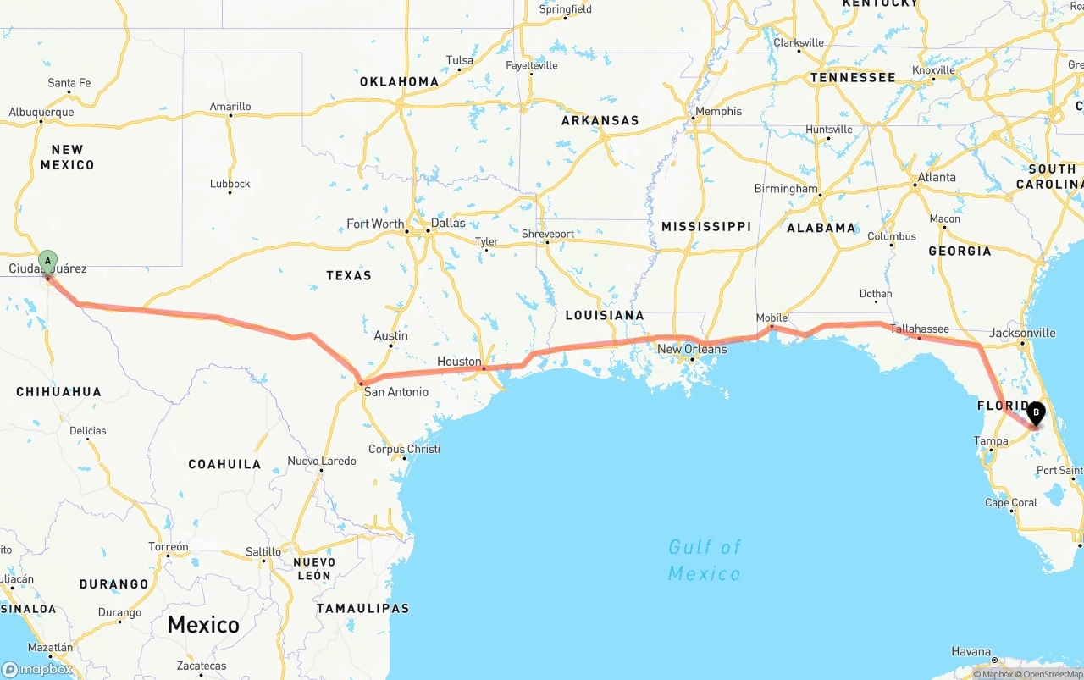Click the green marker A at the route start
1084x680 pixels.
[48, 260]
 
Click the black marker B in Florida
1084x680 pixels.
[1036, 412]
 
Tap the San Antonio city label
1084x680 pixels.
[395, 392]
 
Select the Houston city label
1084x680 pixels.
[459, 362]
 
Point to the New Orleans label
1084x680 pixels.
[692, 349]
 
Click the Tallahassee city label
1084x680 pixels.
[919, 329]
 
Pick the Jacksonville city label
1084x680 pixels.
[1022, 333]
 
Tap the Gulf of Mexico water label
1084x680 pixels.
[704, 560]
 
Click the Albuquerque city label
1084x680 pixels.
[41, 112]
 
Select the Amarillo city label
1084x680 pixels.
[230, 107]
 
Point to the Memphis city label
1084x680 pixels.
[718, 111]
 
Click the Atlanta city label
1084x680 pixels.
[937, 177]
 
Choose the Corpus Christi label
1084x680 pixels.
[404, 449]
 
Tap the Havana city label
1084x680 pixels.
[971, 651]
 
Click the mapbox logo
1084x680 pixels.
[37, 669]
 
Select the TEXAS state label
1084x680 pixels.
[349, 275]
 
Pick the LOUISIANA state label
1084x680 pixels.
[605, 315]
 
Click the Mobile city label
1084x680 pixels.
[772, 318]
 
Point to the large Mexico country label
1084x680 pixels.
[203, 625]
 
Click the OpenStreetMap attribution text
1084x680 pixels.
[1052, 674]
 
